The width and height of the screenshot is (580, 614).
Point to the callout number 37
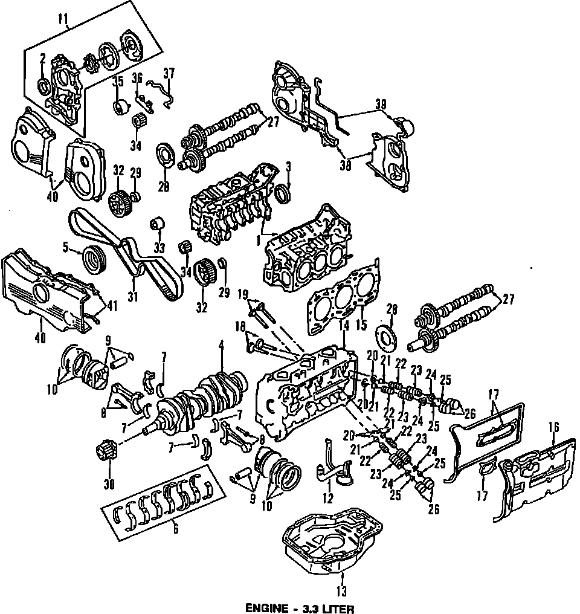click(x=169, y=73)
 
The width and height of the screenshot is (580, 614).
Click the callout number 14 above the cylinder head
click(x=344, y=325)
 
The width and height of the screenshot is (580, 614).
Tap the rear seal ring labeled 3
click(x=281, y=195)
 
